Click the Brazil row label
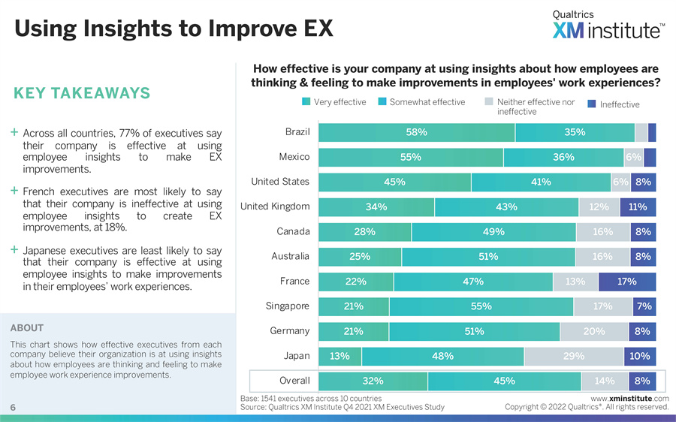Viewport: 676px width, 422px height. click(x=297, y=132)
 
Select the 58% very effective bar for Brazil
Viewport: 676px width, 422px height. click(x=417, y=132)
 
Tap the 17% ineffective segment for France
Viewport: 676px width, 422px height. click(x=627, y=282)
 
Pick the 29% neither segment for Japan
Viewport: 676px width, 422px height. click(x=574, y=356)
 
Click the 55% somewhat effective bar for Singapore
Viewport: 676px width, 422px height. click(x=481, y=306)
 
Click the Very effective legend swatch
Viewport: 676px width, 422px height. click(x=306, y=103)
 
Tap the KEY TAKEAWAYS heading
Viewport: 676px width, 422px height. click(x=82, y=93)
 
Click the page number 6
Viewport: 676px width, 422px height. click(x=14, y=407)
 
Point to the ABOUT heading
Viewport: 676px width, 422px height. click(x=27, y=328)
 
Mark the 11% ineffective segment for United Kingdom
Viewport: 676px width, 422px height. click(x=638, y=206)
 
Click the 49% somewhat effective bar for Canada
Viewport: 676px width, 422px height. click(x=493, y=232)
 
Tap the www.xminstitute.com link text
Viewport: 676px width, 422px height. click(x=629, y=398)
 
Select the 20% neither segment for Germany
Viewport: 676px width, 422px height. click(x=594, y=331)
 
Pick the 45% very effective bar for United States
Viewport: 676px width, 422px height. click(x=395, y=182)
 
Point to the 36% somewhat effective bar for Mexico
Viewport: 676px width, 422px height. click(x=563, y=157)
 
